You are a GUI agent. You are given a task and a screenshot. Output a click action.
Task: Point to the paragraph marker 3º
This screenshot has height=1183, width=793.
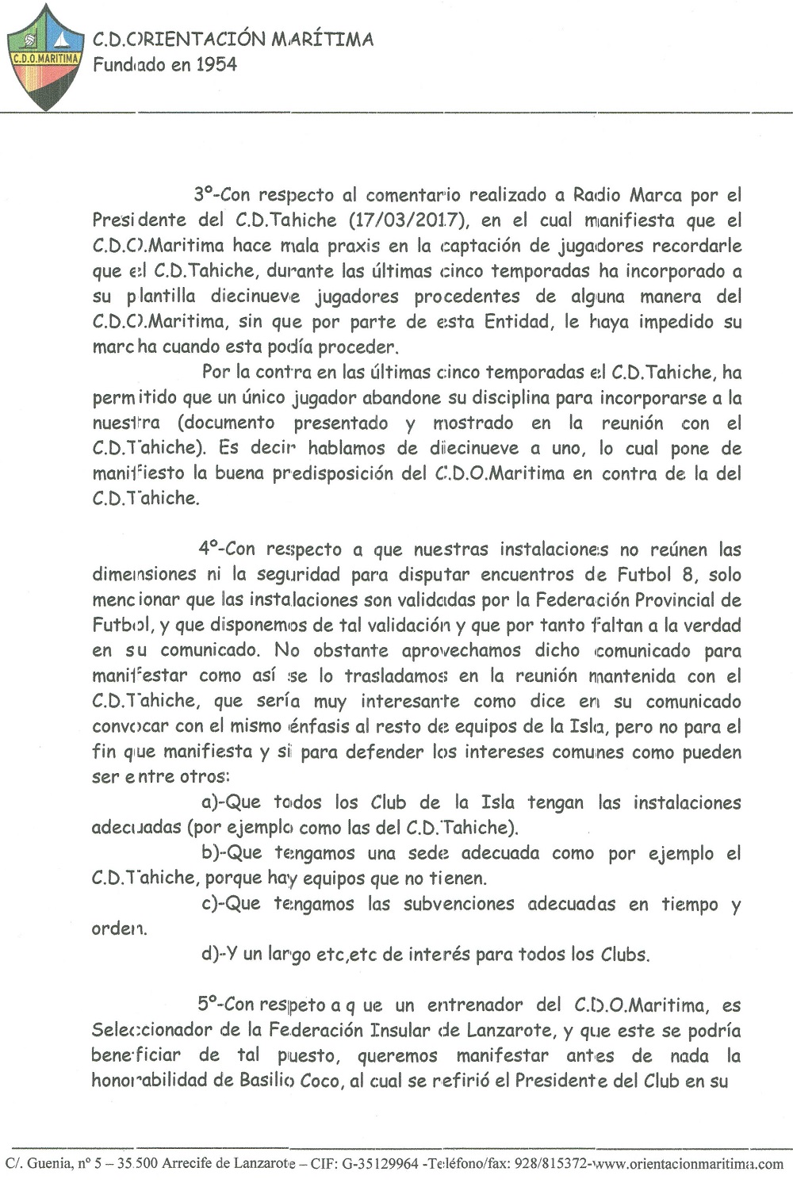tap(205, 194)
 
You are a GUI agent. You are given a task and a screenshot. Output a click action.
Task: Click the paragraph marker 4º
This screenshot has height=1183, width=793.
tap(209, 549)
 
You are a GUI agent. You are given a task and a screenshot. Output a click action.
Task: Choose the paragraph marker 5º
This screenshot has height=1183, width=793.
tap(209, 1005)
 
